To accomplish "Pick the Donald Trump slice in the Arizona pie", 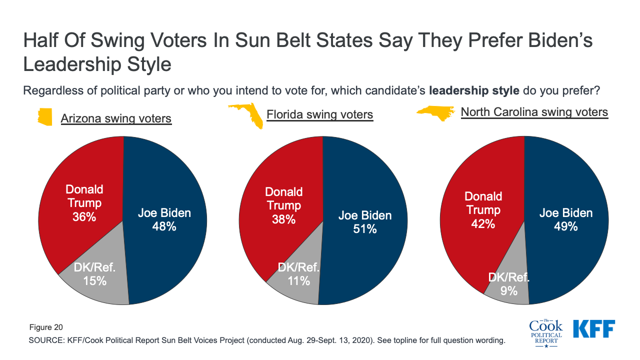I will tap(80, 170).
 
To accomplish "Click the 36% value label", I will tap(84, 216).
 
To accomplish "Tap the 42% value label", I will tap(482, 223).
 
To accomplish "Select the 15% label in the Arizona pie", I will tap(95, 280).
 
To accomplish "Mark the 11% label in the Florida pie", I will tap(298, 281).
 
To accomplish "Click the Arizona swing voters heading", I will tap(116, 118).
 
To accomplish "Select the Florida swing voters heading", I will tap(319, 114).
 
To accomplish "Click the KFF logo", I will tap(593, 328).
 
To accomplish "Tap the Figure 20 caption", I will tap(45, 327).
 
